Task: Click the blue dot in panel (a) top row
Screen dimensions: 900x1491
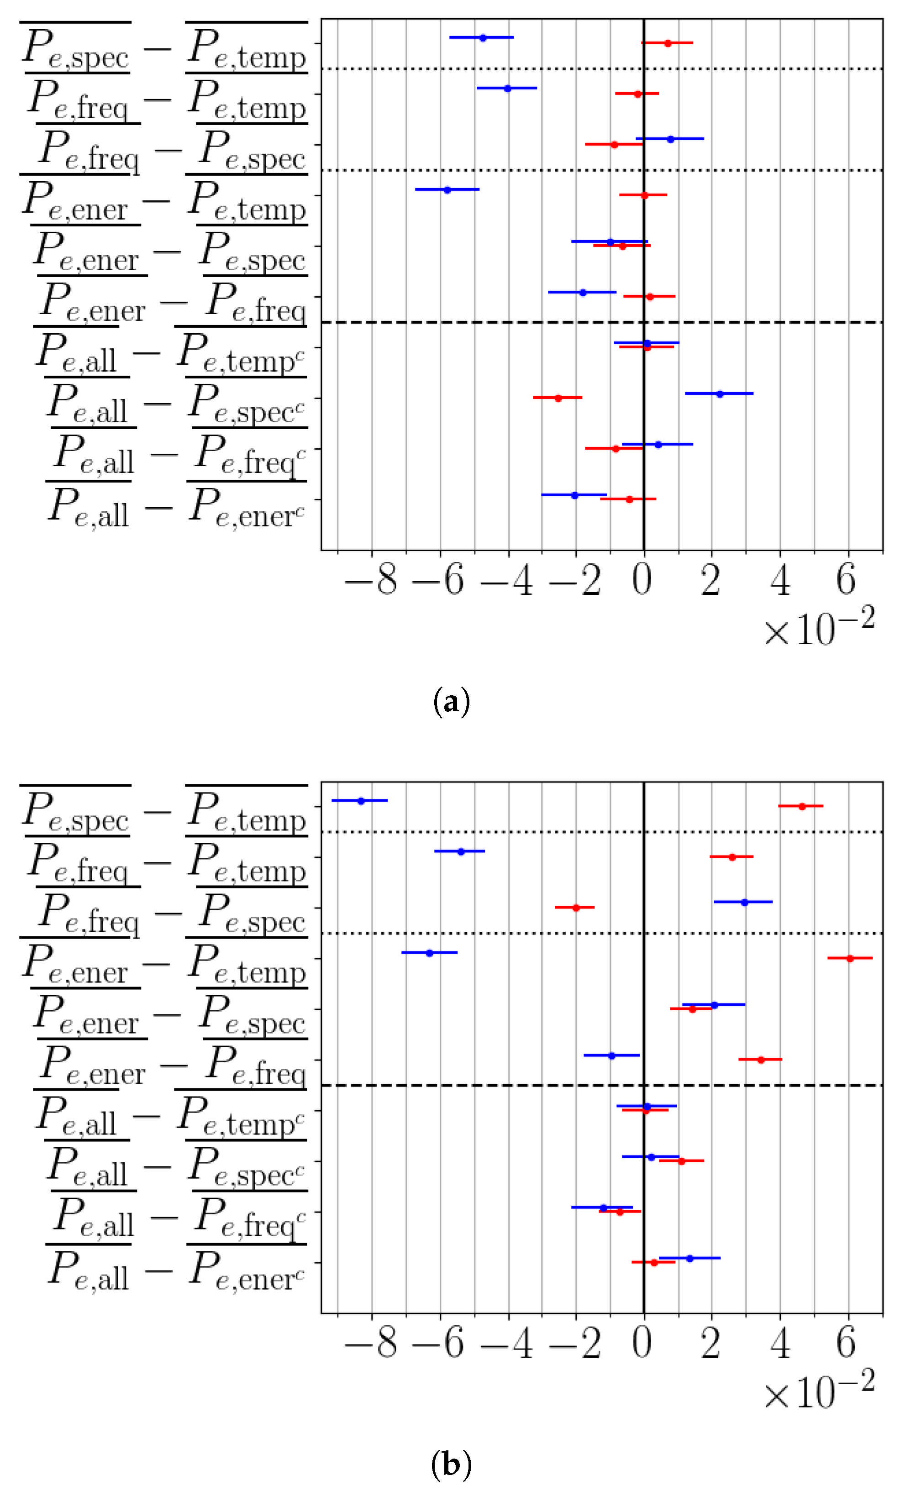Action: click(x=483, y=37)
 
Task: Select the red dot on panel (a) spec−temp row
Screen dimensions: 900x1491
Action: click(x=668, y=43)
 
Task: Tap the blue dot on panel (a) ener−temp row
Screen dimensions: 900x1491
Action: click(x=447, y=189)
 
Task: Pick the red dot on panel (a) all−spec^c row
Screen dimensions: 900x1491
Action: click(x=558, y=398)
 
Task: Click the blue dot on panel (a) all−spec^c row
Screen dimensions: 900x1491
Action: click(x=720, y=394)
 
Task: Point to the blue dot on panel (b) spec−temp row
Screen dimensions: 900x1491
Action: click(x=361, y=801)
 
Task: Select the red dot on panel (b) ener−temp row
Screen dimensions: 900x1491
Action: click(x=850, y=958)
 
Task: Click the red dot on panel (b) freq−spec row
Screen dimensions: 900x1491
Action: click(x=576, y=907)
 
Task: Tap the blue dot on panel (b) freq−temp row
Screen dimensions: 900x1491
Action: click(x=461, y=851)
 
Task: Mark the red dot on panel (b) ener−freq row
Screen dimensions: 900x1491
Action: click(x=761, y=1060)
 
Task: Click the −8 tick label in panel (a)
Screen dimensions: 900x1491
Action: click(x=371, y=580)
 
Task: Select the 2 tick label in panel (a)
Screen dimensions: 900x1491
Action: click(x=711, y=580)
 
